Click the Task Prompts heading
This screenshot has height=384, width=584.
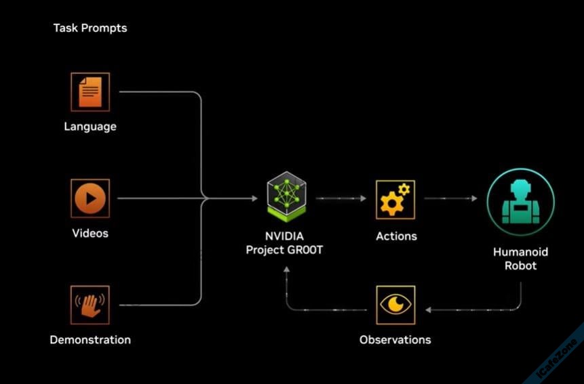(90, 28)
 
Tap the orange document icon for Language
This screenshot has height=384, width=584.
(90, 92)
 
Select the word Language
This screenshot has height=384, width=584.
(90, 127)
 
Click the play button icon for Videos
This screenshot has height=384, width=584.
(90, 198)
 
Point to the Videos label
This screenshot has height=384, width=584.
(90, 234)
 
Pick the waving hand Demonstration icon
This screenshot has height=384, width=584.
(90, 305)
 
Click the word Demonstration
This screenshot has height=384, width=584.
(90, 339)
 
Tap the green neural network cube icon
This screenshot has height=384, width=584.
(286, 197)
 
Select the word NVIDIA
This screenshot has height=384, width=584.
(285, 236)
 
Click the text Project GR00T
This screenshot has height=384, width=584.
(285, 250)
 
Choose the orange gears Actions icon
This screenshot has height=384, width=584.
(395, 199)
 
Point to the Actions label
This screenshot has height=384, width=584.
(396, 236)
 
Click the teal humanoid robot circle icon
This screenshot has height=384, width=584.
(521, 202)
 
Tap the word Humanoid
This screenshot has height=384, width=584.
(520, 252)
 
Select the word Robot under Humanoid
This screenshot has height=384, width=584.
(520, 265)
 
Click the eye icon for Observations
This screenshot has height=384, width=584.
(395, 305)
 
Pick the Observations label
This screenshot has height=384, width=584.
(395, 339)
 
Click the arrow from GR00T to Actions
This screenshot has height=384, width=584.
(340, 198)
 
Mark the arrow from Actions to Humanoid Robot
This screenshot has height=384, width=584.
(451, 198)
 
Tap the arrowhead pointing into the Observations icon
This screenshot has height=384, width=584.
(429, 310)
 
